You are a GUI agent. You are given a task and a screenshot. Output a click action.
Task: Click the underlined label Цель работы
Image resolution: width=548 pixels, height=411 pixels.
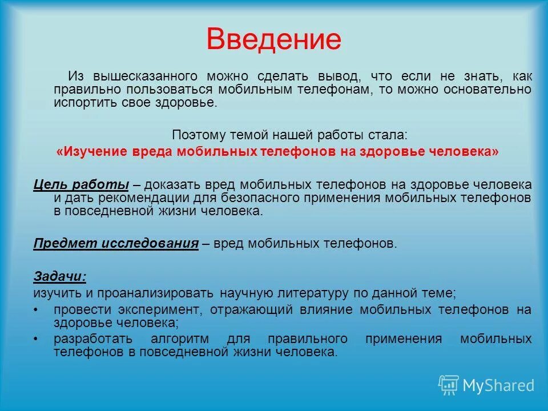point(81,184)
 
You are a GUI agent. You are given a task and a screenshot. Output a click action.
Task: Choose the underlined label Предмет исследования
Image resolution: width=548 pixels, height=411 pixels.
point(116,244)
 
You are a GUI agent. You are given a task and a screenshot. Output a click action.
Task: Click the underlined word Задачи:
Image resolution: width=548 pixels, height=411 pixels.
point(60,276)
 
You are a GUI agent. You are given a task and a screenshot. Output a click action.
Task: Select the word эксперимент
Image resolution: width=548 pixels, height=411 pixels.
point(167,310)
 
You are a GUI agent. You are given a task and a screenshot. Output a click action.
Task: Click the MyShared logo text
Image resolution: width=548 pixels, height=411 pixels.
point(498,385)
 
